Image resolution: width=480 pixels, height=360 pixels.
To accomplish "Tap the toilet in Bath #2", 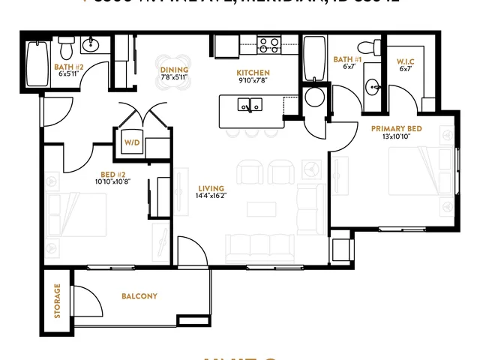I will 66,49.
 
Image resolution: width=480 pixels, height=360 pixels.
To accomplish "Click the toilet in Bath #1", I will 366,49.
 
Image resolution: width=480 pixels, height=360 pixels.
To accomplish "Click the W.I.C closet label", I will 405,60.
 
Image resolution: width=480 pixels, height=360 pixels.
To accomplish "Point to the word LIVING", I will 208,187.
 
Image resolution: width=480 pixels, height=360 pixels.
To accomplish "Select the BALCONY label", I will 139,296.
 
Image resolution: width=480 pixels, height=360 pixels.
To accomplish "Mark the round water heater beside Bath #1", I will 315,97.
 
